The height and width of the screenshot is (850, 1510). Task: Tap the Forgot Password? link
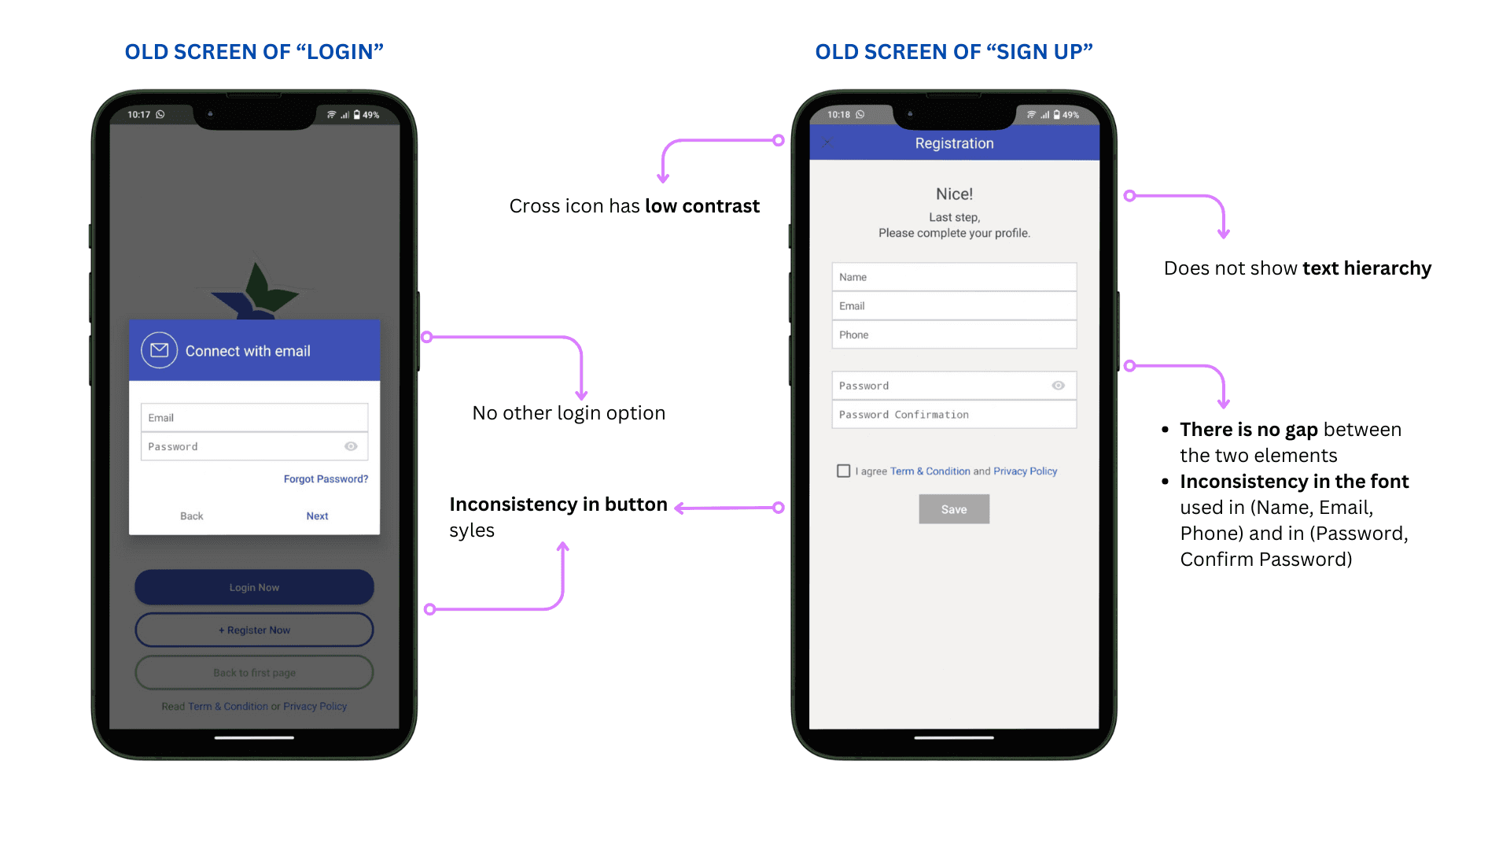(326, 479)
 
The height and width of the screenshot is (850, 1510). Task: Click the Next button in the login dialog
(317, 516)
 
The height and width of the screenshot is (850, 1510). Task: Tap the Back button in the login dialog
(191, 516)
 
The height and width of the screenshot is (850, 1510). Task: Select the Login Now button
(254, 587)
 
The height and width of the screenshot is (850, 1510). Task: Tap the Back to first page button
(254, 672)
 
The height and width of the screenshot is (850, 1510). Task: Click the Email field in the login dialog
(254, 417)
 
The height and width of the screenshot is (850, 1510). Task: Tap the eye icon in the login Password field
(351, 446)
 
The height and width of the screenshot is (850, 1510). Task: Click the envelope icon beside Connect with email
(160, 350)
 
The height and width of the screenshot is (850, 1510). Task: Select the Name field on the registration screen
(954, 277)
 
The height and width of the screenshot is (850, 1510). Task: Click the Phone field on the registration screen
(954, 334)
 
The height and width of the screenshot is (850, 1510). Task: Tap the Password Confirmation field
(954, 414)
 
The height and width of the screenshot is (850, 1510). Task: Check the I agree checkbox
(844, 471)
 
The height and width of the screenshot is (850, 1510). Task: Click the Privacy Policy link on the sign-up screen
(1025, 471)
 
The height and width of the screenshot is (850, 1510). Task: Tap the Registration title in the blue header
(954, 143)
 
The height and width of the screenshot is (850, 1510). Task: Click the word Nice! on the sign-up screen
(954, 194)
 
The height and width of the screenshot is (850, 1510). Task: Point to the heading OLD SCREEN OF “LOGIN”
(254, 52)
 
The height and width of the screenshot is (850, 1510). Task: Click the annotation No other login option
(569, 413)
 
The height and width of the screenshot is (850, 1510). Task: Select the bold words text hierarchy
(1367, 268)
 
